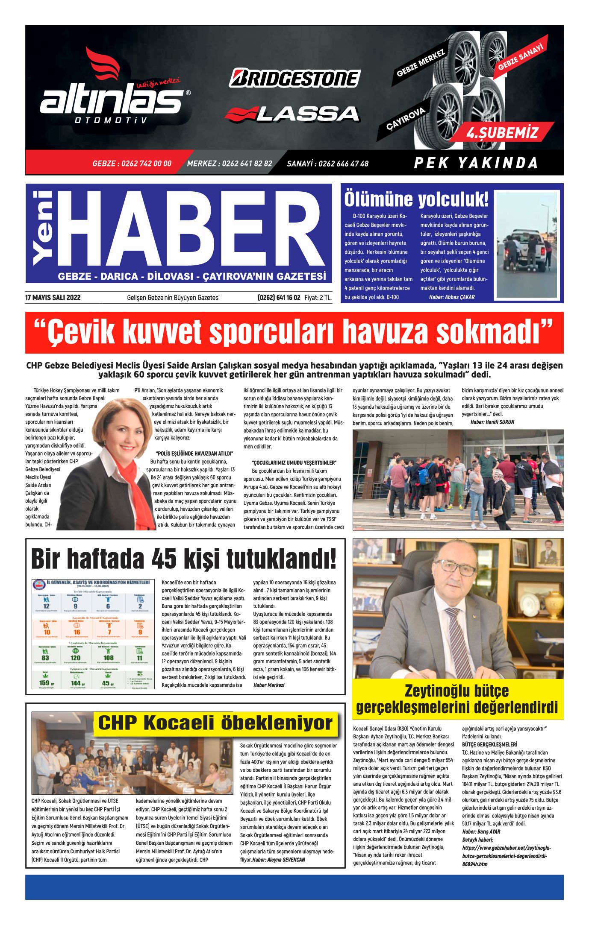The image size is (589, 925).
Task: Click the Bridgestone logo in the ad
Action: click(x=295, y=79)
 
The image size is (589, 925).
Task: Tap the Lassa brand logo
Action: click(x=292, y=114)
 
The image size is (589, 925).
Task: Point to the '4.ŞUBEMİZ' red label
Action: click(x=502, y=133)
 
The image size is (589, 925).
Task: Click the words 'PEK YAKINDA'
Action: click(x=476, y=163)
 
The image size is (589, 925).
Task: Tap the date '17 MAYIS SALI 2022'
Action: click(x=53, y=298)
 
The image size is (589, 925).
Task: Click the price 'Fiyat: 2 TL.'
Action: click(x=318, y=298)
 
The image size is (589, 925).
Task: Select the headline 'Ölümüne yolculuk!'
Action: click(x=416, y=199)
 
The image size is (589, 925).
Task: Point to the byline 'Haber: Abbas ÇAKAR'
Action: click(x=451, y=297)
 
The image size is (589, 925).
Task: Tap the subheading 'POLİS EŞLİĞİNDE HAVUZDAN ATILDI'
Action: click(x=194, y=454)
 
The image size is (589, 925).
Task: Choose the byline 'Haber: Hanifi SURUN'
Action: click(x=492, y=422)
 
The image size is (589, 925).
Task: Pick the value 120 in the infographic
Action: click(x=75, y=658)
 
